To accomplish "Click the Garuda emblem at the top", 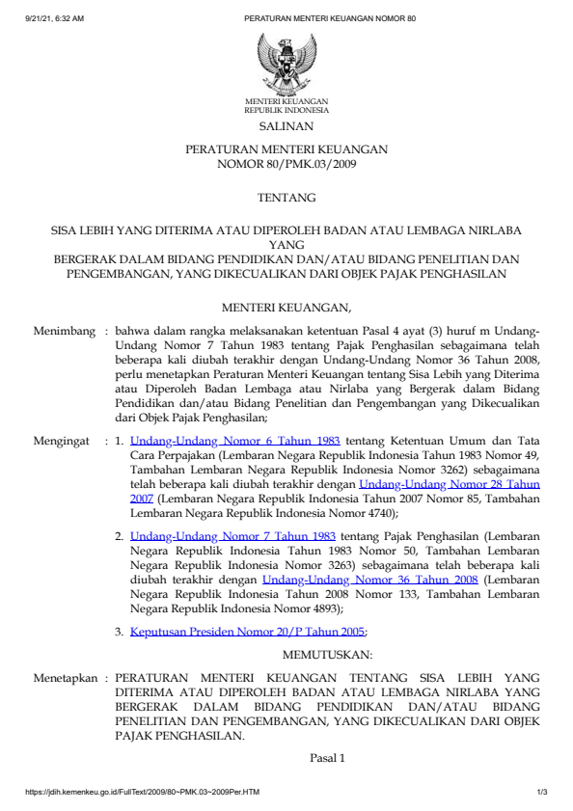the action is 286,63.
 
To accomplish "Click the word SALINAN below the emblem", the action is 286,126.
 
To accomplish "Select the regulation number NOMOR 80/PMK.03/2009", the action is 286,165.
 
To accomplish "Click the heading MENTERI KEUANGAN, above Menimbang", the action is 286,309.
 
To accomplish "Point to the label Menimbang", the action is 65,331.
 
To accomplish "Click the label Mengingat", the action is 65,442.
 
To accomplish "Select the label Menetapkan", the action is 66,678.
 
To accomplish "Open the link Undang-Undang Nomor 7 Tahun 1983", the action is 232,534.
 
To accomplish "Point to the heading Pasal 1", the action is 327,758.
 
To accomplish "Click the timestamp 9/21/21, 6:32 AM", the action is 55,18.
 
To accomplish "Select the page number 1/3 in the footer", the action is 542,793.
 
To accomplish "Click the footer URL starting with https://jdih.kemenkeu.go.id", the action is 142,793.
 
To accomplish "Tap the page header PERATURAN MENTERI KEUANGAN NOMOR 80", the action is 330,18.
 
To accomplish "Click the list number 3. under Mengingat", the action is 119,633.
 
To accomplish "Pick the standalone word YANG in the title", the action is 286,245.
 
